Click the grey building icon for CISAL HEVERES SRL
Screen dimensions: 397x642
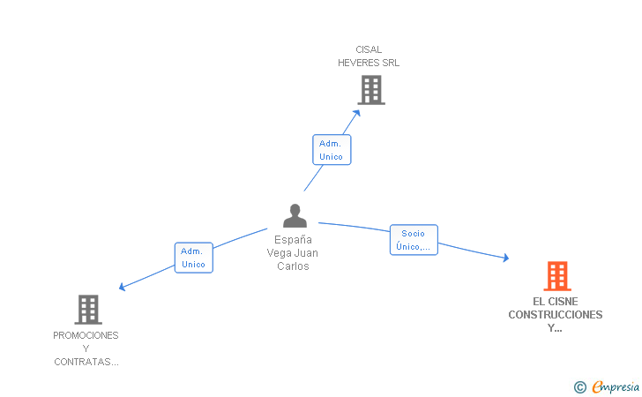click(x=371, y=90)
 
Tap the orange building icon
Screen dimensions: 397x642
click(x=556, y=276)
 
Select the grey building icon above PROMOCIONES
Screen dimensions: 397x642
click(x=87, y=310)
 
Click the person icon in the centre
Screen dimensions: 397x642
click(x=295, y=216)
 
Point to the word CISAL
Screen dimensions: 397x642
click(x=369, y=49)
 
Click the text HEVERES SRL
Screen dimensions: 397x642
click(x=369, y=63)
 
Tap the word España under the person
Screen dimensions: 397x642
click(x=293, y=239)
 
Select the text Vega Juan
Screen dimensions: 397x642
click(x=293, y=252)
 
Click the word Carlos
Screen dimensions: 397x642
click(x=293, y=266)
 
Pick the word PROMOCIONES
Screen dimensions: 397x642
click(x=86, y=335)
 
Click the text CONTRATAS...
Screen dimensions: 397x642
click(x=86, y=362)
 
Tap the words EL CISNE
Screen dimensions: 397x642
click(x=556, y=301)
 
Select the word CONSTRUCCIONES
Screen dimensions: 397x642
click(x=556, y=314)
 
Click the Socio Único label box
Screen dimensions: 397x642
click(x=414, y=240)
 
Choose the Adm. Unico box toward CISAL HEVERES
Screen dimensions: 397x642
click(x=332, y=150)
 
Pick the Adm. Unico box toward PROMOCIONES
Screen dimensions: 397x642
click(x=193, y=258)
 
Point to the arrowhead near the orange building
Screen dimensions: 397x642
click(x=505, y=258)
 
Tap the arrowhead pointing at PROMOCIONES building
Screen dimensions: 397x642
click(x=123, y=287)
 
